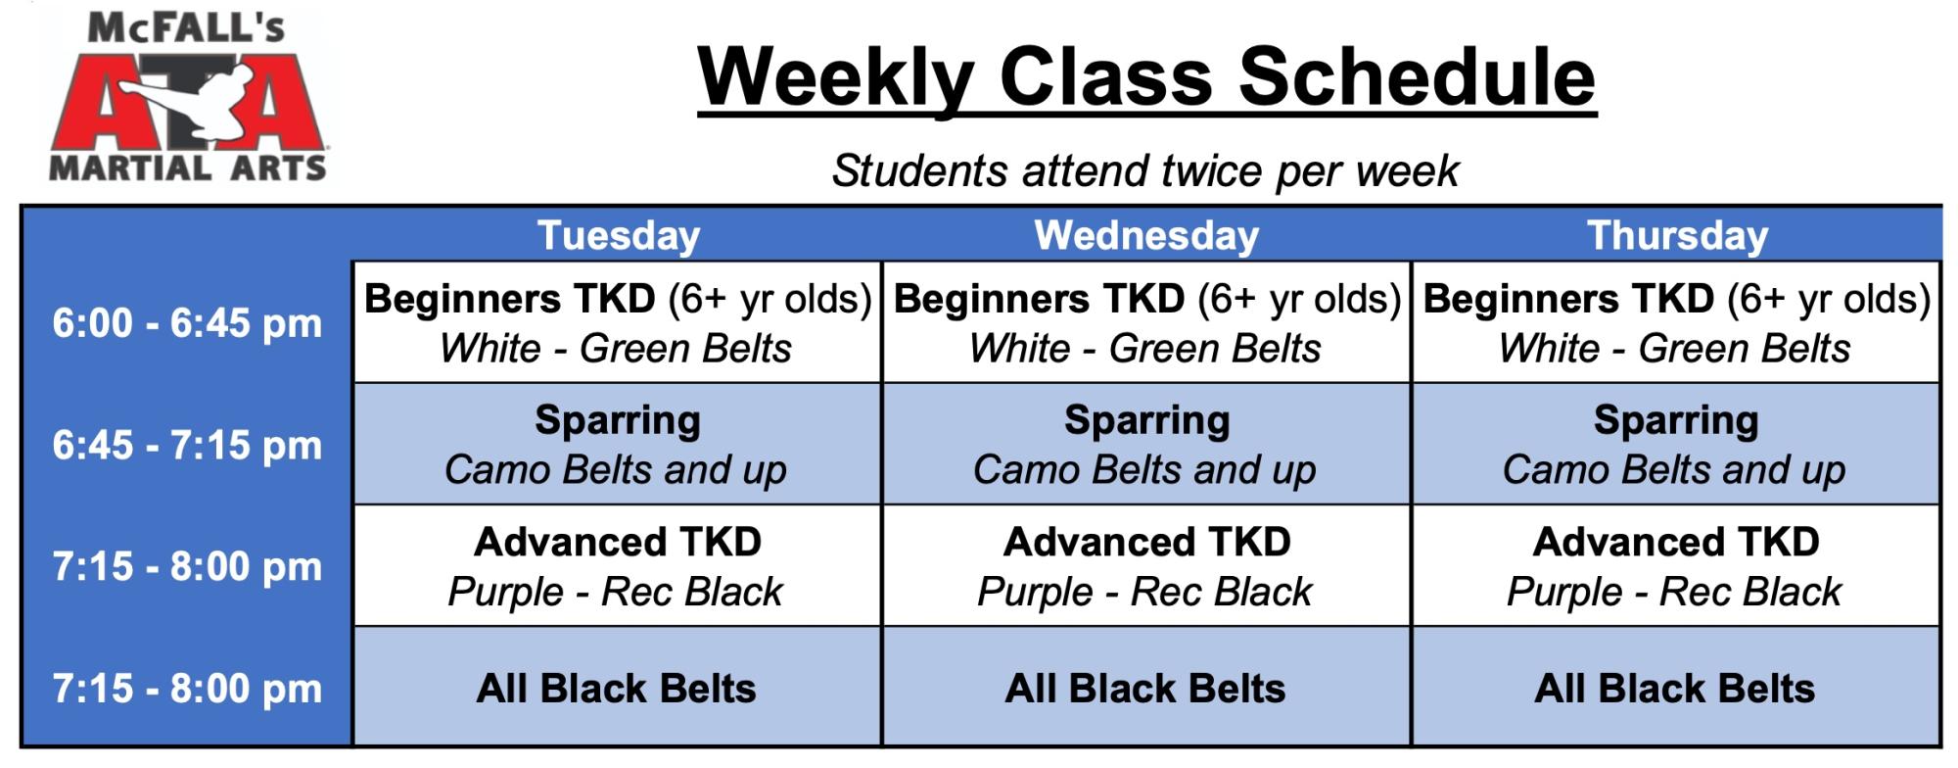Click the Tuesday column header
coord(618,236)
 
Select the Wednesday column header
coord(1146,236)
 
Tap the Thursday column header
coord(1677,236)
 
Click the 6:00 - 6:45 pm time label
coord(187,323)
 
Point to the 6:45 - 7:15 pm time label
coord(187,446)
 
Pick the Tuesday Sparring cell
coord(617,444)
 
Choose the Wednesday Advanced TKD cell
coord(1146,565)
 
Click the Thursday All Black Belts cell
coord(1675,687)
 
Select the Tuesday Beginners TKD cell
coord(617,322)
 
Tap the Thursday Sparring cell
coord(1675,444)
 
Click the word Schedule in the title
coord(1418,77)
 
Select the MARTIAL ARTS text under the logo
coord(187,168)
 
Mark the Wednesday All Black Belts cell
coord(1146,687)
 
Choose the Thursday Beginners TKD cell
coord(1675,322)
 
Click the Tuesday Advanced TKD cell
coord(617,565)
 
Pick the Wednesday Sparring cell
coord(1146,444)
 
